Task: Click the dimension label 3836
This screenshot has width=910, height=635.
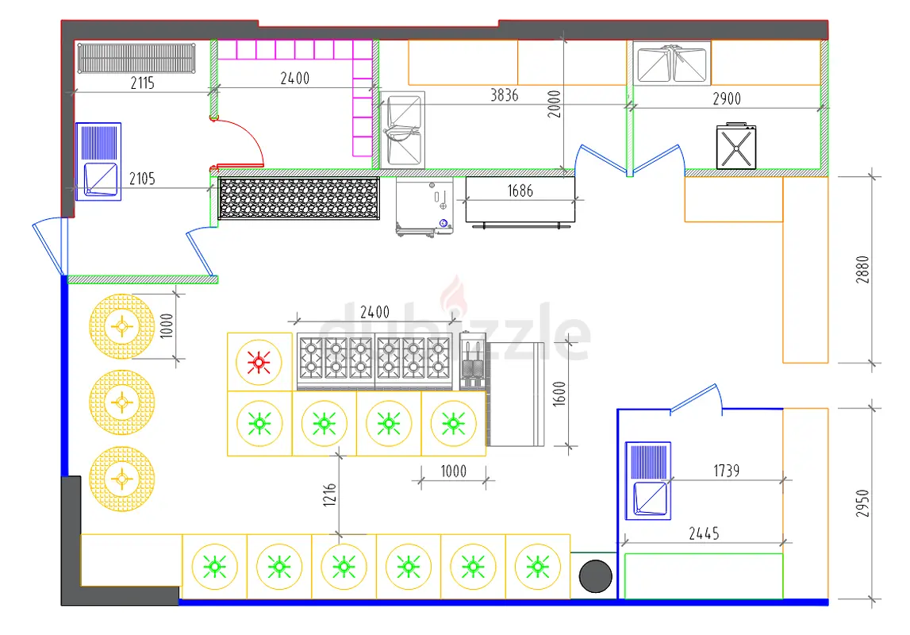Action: coord(504,95)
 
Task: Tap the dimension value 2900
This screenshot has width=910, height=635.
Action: coord(727,99)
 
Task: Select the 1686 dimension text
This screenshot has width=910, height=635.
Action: coord(520,191)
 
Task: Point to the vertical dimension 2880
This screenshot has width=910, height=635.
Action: coord(862,269)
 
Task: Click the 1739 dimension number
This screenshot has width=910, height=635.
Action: coord(727,471)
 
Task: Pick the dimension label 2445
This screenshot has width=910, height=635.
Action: coord(704,533)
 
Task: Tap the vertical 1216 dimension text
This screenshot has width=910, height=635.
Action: coord(329,495)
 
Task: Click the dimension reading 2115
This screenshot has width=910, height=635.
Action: coord(142,83)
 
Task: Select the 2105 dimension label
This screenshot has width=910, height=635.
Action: coord(142,179)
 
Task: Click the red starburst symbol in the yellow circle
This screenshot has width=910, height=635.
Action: coord(259,363)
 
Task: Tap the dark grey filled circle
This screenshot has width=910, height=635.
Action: coord(596,576)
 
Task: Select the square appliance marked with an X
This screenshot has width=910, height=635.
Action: coord(736,147)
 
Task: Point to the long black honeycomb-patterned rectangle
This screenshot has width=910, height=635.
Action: coord(299,198)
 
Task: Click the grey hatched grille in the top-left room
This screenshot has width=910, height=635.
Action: coord(136,58)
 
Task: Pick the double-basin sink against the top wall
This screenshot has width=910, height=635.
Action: coord(671,64)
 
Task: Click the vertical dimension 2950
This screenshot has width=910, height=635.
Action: coord(862,504)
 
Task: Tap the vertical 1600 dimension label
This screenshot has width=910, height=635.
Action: coord(559,394)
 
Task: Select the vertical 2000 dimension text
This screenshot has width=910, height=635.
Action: coord(555,105)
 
